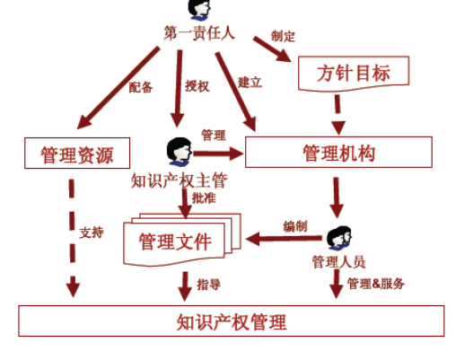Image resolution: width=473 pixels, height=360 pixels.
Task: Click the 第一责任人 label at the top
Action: (x=198, y=33)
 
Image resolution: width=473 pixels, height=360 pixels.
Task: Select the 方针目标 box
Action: (x=353, y=73)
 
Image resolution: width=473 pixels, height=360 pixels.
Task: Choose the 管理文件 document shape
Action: (x=175, y=241)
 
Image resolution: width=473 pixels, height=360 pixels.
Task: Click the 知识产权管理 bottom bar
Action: (x=232, y=321)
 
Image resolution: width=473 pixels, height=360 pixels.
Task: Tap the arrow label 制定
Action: (x=284, y=37)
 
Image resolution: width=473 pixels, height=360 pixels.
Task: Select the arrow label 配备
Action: (x=140, y=87)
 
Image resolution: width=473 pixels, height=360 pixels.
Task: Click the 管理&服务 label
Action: (x=376, y=284)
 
